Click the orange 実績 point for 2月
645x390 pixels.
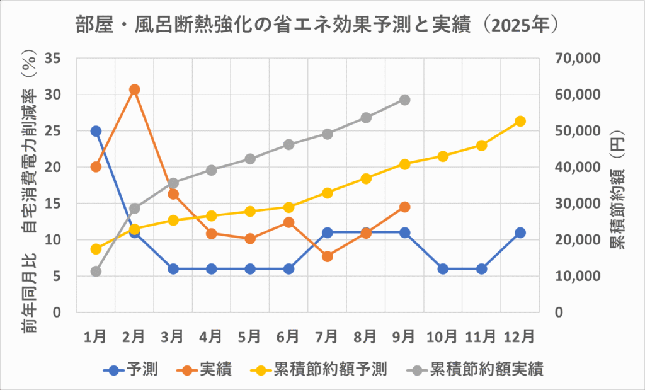click(x=134, y=89)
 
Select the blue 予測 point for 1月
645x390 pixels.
click(x=96, y=131)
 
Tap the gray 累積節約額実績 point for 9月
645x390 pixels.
click(x=404, y=100)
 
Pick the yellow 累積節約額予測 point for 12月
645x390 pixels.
click(x=520, y=121)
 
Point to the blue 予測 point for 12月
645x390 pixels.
click(x=520, y=232)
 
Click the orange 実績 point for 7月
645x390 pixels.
click(x=328, y=256)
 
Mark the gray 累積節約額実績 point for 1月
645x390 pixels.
click(x=96, y=272)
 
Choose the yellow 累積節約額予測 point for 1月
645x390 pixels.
click(x=96, y=249)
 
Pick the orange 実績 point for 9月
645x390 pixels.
click(x=404, y=207)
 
